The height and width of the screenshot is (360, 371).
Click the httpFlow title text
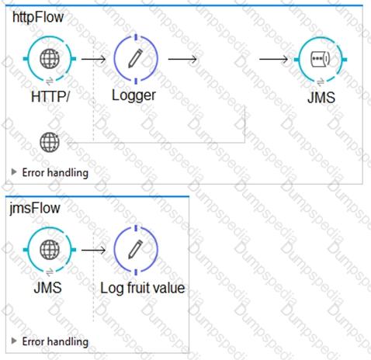pos(38,17)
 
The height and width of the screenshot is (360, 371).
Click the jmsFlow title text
pos(35,208)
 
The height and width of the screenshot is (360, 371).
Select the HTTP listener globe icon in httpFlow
pos(50,59)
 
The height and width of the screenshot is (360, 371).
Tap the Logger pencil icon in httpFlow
pos(136,58)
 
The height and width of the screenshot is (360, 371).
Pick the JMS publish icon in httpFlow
pos(320,59)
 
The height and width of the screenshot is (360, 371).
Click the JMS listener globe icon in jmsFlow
pos(50,250)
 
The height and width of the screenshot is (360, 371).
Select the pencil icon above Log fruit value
pos(136,249)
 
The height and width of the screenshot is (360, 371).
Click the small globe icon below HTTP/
pos(50,142)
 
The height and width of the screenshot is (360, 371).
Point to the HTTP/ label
pos(50,97)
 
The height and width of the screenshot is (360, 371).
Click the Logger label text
pos(133,95)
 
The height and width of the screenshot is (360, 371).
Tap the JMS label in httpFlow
pos(321,98)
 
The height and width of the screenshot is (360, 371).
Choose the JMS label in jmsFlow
pos(48,288)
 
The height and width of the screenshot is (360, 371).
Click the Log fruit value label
pos(143,288)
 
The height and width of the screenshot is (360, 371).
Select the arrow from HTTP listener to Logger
pos(93,59)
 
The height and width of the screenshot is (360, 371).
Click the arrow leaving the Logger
pos(182,59)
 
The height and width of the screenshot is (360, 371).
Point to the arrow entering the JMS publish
pos(273,59)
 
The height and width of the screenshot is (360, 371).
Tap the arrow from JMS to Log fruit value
pos(93,250)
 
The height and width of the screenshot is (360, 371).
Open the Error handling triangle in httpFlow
pos(14,171)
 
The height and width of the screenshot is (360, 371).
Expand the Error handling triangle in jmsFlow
pos(14,341)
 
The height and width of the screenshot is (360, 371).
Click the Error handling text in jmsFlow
pos(55,342)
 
